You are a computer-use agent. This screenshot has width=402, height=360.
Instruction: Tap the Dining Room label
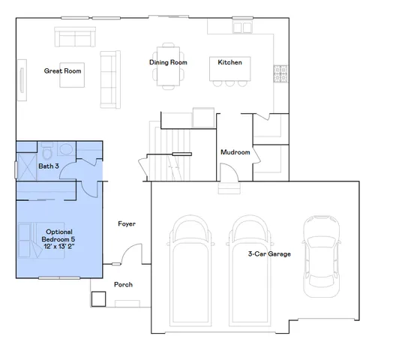coord(168,62)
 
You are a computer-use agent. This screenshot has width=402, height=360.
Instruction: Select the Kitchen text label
coord(229,62)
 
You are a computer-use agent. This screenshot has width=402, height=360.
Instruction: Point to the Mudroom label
coord(235,152)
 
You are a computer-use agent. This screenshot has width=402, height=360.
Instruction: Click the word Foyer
coord(127,223)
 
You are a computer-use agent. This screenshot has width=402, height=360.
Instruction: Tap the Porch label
coord(123,285)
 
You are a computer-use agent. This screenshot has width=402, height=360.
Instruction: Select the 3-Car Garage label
coord(269,253)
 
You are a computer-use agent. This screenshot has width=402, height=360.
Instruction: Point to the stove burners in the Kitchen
coord(282,74)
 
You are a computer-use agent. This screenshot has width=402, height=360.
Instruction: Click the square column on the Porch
coord(98,299)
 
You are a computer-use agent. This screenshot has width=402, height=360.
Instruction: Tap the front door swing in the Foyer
coord(132,255)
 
